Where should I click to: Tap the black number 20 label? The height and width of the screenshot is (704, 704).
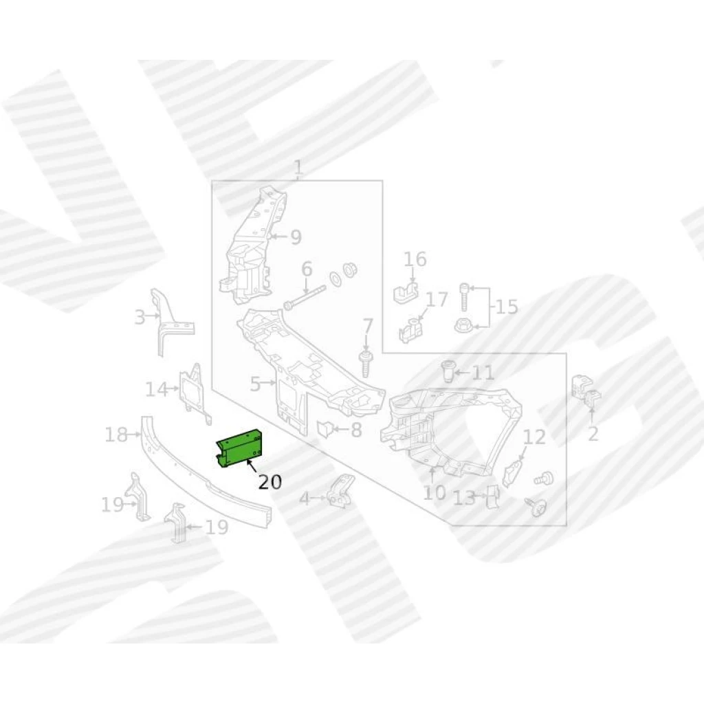point(269,482)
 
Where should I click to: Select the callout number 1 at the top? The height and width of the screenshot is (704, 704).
point(298,168)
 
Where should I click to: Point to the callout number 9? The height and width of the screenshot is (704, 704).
point(296,237)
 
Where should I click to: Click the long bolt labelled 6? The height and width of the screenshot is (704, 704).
point(305,297)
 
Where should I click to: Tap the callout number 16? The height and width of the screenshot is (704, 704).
point(415,259)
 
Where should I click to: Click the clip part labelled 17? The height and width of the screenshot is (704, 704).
point(411,329)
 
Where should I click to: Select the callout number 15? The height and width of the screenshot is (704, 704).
point(507,307)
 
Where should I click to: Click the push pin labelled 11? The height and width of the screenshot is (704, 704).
point(447,371)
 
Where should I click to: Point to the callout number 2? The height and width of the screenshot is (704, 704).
point(593,434)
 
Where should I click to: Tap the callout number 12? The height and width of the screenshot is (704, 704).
point(534,437)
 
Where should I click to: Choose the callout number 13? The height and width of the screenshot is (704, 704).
point(464,498)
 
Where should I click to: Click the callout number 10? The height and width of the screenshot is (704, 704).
point(434,492)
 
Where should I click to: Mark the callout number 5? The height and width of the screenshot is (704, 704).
point(255,384)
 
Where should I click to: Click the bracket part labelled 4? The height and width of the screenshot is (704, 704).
point(340,491)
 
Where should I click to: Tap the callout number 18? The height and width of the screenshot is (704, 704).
point(115,434)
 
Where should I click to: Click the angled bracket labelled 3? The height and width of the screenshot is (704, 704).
point(167,321)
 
